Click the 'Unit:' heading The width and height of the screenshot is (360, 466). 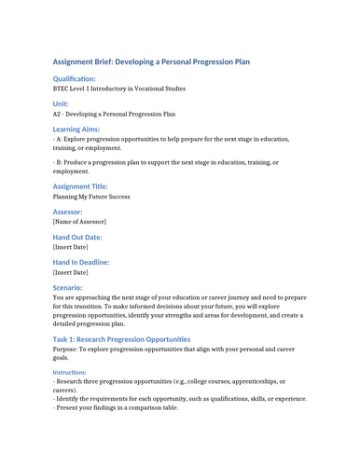[61, 104]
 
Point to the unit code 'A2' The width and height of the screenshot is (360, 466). [58, 115]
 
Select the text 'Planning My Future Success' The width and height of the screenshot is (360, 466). [91, 197]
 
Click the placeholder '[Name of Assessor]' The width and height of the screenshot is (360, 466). [79, 222]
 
